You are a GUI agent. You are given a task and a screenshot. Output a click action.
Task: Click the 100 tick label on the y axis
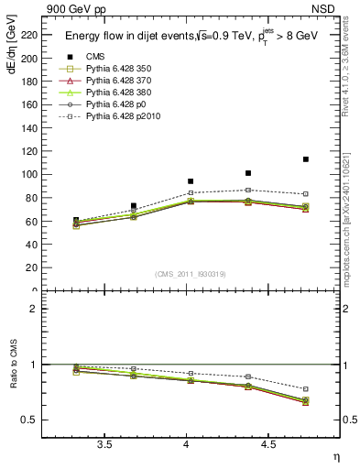coord(29,174)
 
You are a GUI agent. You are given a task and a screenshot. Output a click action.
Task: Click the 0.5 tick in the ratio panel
coord(31,420)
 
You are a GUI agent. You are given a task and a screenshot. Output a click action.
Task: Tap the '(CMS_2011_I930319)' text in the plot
coord(191,274)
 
